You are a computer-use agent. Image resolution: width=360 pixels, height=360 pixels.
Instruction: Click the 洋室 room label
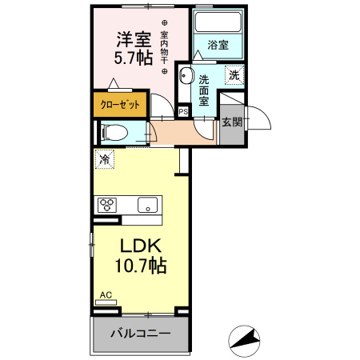click(134, 39)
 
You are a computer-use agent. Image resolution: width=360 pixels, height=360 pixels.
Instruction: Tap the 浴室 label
click(218, 46)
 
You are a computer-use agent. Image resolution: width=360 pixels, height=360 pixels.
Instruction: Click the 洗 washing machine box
click(234, 74)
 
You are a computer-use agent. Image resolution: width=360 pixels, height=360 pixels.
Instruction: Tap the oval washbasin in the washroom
click(186, 78)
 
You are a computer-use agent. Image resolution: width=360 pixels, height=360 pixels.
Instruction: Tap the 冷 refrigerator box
click(103, 160)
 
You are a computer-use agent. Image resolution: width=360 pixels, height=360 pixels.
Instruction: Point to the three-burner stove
click(106, 204)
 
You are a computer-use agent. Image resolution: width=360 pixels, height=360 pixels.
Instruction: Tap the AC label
click(105, 295)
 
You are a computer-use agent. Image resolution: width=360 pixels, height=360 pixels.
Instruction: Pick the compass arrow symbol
click(245, 339)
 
